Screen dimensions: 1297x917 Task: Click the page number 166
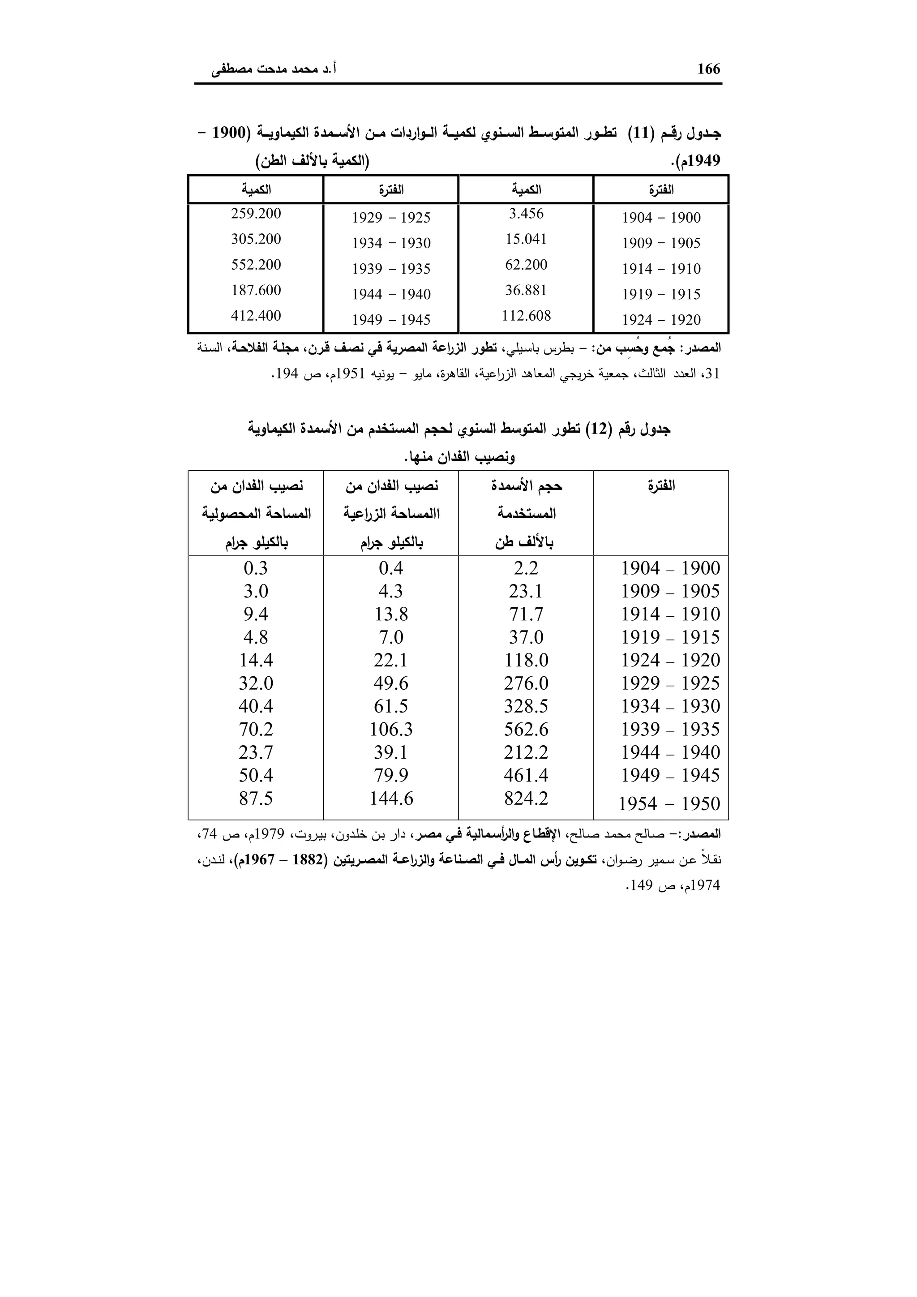[709, 69]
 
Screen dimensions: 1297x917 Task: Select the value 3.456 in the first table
[526, 214]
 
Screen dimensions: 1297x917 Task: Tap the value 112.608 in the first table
[526, 316]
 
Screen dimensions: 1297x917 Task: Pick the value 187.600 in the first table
[256, 290]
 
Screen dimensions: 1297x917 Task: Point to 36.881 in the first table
[526, 290]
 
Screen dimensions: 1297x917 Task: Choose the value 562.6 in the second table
[526, 729]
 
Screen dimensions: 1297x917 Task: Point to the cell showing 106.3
[391, 729]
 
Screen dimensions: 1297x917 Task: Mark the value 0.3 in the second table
[256, 568]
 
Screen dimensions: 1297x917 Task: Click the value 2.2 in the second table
[526, 568]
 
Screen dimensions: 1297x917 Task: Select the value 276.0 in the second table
[526, 683]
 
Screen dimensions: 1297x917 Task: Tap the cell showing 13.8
[391, 614]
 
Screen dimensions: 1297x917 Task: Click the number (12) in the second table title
[596, 429]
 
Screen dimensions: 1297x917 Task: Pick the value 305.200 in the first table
[256, 239]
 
